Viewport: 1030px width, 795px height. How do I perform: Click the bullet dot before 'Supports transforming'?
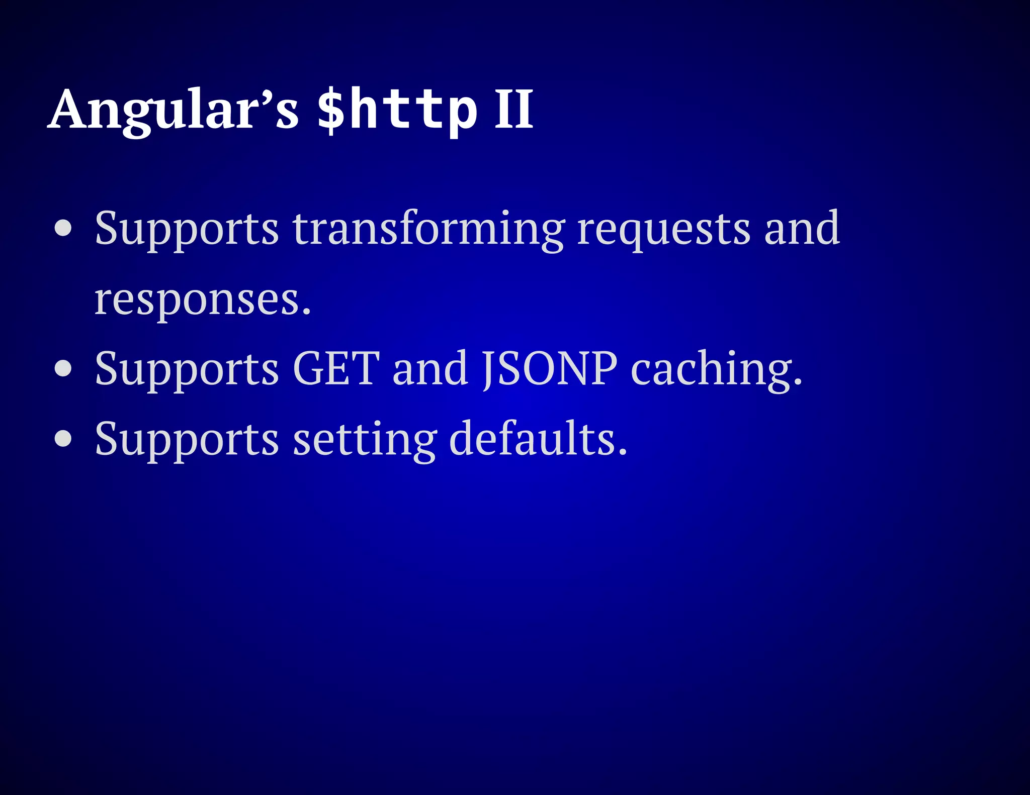pyautogui.click(x=63, y=229)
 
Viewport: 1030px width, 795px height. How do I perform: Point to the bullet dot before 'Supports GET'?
pyautogui.click(x=63, y=368)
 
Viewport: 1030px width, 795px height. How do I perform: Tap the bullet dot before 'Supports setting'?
pyautogui.click(x=63, y=438)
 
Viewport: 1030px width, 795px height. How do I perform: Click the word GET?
pyautogui.click(x=336, y=368)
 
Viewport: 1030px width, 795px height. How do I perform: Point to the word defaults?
pyautogui.click(x=538, y=438)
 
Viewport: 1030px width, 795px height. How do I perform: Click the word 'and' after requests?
pyautogui.click(x=802, y=229)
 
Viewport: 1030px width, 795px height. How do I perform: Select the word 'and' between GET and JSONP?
pyautogui.click(x=431, y=368)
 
